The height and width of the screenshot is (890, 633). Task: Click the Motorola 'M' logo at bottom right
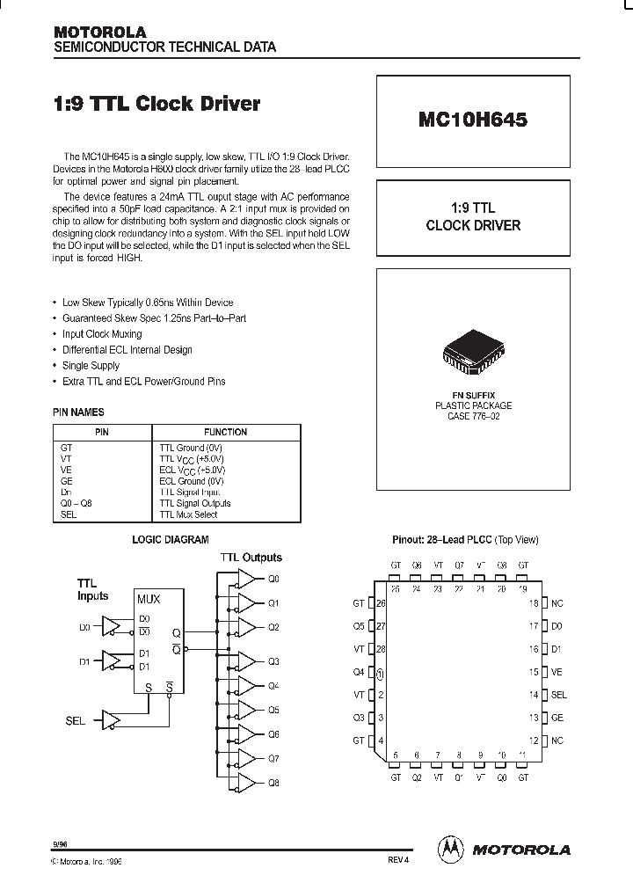(x=450, y=849)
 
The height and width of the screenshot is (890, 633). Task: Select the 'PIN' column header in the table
(x=102, y=433)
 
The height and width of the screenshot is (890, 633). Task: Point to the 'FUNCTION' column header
(x=226, y=433)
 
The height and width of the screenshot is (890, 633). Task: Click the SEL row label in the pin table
(x=69, y=514)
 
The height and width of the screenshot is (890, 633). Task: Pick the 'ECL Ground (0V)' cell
(x=192, y=481)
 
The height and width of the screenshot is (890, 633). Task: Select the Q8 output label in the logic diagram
(x=273, y=781)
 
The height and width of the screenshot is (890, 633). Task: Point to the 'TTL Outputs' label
(x=251, y=558)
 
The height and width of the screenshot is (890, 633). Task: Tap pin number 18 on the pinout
(x=533, y=603)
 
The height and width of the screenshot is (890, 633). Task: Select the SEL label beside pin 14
(x=559, y=695)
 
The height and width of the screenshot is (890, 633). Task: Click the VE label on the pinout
(x=557, y=672)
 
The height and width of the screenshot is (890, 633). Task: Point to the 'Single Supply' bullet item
(x=91, y=366)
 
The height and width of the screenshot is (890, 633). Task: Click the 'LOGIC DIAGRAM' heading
(x=171, y=540)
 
